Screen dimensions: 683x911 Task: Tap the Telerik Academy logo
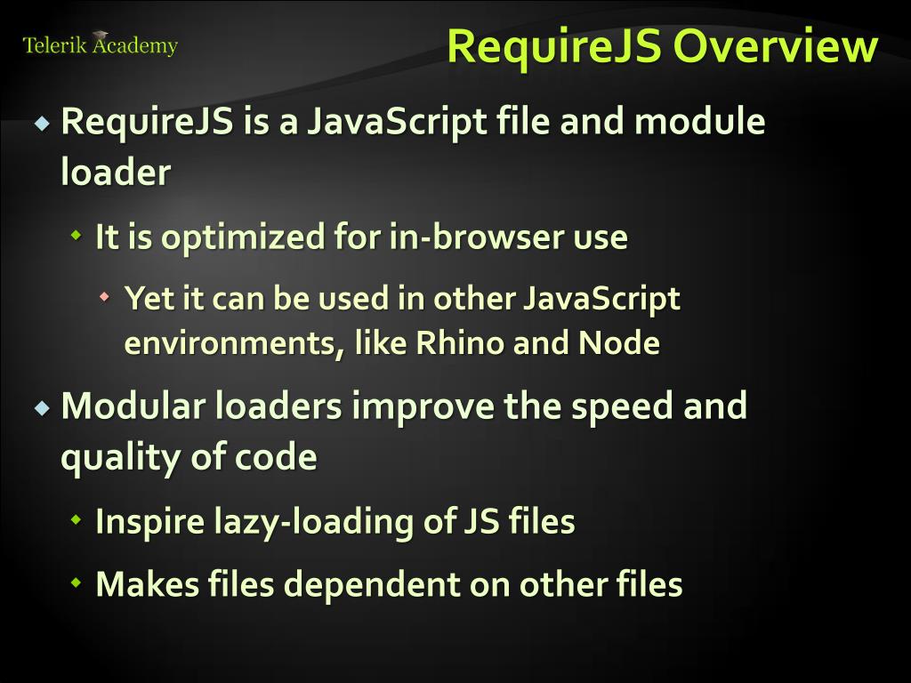100,44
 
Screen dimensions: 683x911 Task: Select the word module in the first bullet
699,121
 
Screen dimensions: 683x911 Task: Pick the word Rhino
461,343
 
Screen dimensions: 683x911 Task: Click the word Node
619,343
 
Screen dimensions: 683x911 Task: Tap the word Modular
133,406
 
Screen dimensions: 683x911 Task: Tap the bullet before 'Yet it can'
106,297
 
